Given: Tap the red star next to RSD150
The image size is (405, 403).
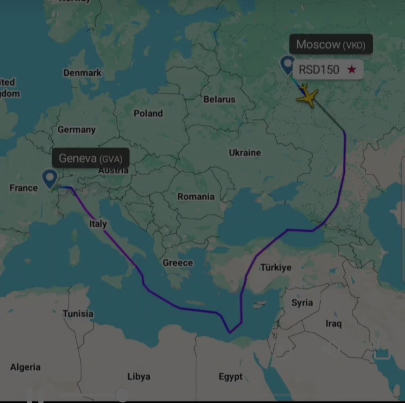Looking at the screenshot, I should point(351,69).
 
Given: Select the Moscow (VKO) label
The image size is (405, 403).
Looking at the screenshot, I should point(331,45).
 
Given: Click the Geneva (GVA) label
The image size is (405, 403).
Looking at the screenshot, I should point(90,158).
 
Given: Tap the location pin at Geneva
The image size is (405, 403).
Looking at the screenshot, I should point(50,178).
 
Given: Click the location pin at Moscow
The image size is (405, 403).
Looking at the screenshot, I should point(288,65).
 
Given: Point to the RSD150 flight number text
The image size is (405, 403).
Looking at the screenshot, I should point(319,69).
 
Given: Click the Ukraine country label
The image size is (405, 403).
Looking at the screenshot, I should point(245,153).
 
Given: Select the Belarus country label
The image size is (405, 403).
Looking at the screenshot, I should point(219,99).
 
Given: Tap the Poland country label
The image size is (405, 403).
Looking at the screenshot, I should point(148,113).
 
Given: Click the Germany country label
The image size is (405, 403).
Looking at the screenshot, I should point(76,130).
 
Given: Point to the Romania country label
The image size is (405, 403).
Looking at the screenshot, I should point(196,197).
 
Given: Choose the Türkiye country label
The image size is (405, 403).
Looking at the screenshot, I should point(276,268).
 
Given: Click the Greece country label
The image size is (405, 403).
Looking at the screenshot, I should point(178,263).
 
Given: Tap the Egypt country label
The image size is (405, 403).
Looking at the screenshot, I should point(231,376).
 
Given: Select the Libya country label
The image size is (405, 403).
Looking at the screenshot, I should point(139,376).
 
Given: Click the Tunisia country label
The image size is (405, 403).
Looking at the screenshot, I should point(78,313).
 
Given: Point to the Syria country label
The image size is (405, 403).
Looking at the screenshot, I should point(302,303).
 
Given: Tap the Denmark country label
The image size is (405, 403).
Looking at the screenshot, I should point(82,73).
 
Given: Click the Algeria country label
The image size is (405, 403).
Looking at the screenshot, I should point(25,367).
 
